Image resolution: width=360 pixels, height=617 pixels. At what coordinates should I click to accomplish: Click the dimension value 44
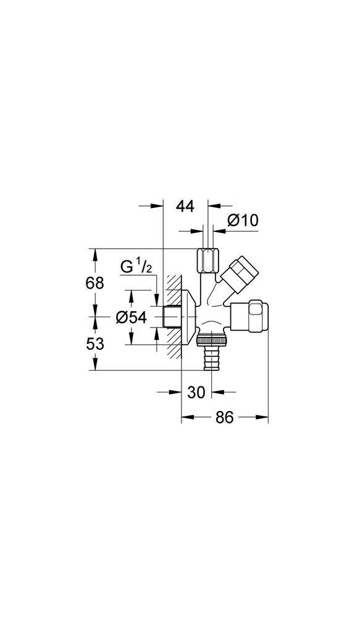(x=184, y=207)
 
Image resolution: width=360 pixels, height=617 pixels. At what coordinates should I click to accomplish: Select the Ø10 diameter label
(x=242, y=220)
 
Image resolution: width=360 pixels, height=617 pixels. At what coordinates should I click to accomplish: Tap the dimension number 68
(x=94, y=283)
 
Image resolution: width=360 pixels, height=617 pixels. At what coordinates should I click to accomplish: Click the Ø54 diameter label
(x=131, y=317)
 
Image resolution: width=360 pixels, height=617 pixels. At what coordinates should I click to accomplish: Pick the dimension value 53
(x=94, y=344)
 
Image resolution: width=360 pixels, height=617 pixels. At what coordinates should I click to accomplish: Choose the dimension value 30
(x=196, y=392)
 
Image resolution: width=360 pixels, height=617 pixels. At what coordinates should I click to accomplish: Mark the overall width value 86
(x=224, y=418)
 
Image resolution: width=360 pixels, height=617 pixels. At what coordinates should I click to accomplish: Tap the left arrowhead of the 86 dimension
(x=185, y=418)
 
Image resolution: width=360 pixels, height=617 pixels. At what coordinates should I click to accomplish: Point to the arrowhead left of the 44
(x=158, y=207)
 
